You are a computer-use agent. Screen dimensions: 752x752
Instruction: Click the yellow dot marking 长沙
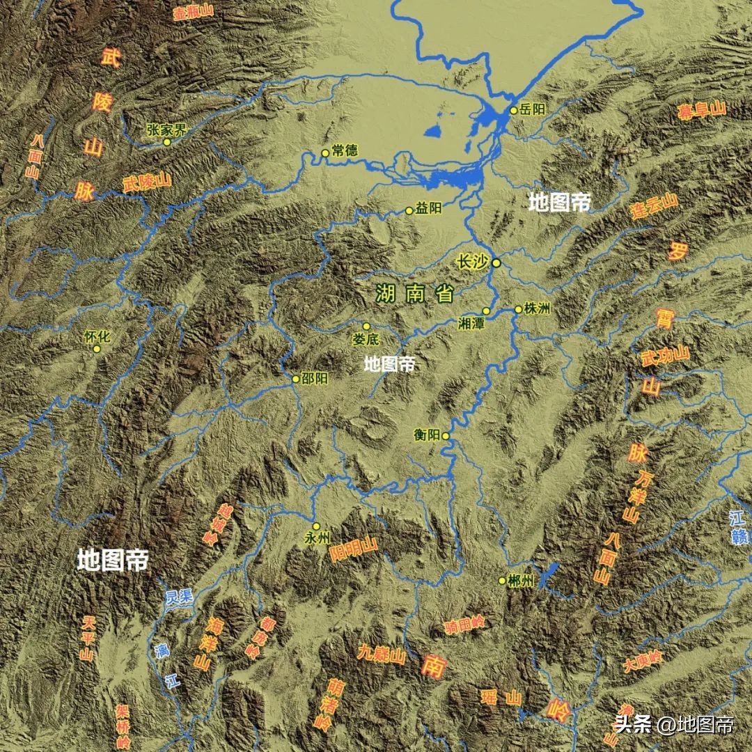(x=496, y=263)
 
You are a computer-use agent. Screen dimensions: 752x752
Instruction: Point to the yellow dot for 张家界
(x=167, y=142)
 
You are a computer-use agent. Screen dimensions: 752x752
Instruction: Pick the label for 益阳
(x=428, y=209)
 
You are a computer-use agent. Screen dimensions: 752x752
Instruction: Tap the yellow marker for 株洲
(x=518, y=309)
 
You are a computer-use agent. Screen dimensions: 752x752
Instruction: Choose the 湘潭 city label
(x=471, y=324)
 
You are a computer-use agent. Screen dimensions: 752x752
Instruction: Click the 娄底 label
(x=366, y=340)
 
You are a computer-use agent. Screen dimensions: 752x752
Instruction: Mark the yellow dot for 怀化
(x=97, y=349)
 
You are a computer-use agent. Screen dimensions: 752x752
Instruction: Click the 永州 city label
(x=316, y=539)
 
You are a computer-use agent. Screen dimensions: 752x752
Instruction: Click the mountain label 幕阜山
(x=702, y=111)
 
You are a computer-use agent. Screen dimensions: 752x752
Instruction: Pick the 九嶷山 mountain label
(x=382, y=654)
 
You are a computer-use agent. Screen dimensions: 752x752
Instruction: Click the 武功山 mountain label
(x=666, y=356)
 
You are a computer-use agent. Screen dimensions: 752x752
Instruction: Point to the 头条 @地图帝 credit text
(x=673, y=724)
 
